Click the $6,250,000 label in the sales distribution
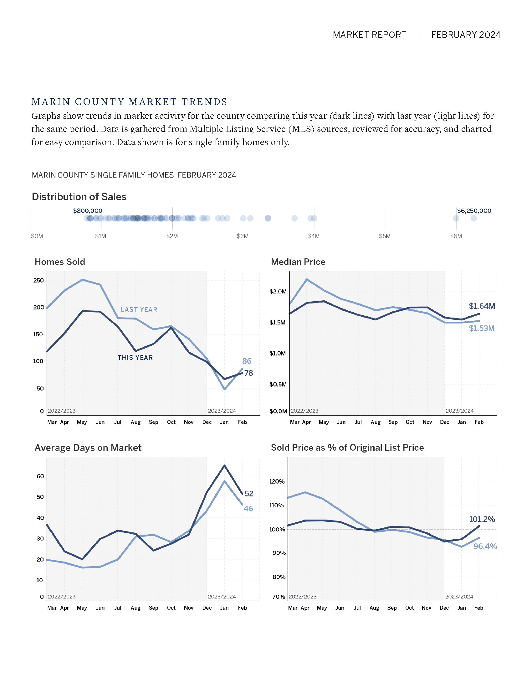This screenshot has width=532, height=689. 474,211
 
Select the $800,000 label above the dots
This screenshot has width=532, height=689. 88,211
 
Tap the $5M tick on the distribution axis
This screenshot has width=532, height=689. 385,236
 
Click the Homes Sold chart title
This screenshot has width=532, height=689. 60,262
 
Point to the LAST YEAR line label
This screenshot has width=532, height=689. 139,309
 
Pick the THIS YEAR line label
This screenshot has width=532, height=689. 135,357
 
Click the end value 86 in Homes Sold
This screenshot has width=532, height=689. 247,361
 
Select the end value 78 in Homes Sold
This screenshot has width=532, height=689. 249,373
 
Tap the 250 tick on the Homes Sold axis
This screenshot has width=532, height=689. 38,280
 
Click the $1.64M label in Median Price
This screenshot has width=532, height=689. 482,306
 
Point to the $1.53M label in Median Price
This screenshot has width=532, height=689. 482,329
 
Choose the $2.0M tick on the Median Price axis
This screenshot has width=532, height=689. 278,291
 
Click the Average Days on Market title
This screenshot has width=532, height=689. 88,448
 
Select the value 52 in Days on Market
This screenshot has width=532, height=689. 249,493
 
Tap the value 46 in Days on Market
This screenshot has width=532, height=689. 248,509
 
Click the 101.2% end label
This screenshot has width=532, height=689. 482,519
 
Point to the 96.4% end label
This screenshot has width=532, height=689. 485,546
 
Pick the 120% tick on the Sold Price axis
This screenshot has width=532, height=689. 277,481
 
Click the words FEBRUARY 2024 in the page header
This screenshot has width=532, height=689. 466,35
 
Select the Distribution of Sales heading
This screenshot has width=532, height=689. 79,197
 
